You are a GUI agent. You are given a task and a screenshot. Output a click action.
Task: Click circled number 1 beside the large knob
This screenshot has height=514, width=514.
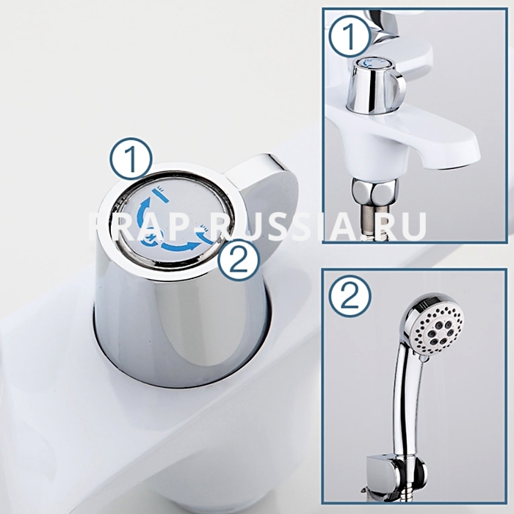(131, 159)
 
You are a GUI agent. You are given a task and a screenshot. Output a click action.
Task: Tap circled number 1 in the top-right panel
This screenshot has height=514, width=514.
(350, 37)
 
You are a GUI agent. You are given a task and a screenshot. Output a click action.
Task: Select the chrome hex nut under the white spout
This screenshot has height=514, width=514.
(375, 191)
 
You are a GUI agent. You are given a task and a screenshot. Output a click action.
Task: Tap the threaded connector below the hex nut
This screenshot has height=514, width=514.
(376, 220)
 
